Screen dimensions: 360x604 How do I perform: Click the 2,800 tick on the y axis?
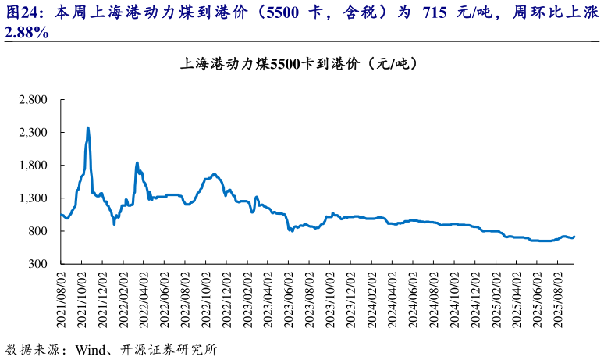pos(33,100)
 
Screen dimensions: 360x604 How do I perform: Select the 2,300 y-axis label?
pos(33,133)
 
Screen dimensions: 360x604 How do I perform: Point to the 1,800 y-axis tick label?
pos(33,166)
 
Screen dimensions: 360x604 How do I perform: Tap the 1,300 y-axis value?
pos(33,198)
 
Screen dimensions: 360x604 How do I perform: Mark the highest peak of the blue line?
pos(87,127)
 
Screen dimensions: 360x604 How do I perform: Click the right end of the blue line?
pos(574,237)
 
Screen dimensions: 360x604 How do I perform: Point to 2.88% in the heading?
pos(28,32)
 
